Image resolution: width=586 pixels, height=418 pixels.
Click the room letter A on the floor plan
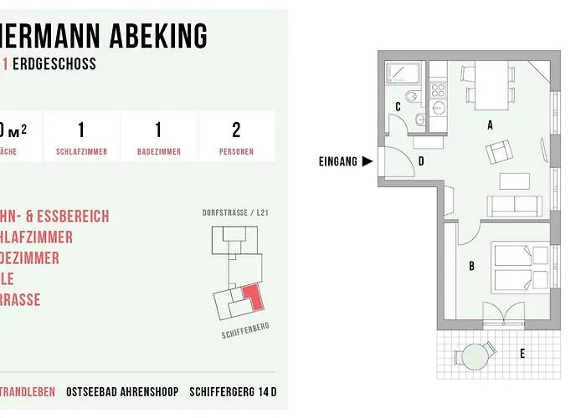pyautogui.click(x=490, y=125)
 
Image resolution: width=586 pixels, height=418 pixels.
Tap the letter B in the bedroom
pyautogui.click(x=472, y=267)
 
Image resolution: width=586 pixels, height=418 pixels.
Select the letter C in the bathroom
pyautogui.click(x=398, y=107)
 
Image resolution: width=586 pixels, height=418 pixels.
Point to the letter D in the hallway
pyautogui.click(x=420, y=161)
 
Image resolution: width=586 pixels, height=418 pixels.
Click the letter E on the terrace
pyautogui.click(x=522, y=354)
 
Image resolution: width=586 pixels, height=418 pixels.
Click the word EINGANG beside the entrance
pyautogui.click(x=338, y=161)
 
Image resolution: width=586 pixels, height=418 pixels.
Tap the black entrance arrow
pyautogui.click(x=367, y=161)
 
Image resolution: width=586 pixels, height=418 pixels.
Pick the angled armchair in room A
pyautogui.click(x=499, y=152)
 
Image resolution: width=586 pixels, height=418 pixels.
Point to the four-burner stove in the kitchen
pyautogui.click(x=438, y=87)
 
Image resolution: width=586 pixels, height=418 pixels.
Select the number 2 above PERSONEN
pyautogui.click(x=236, y=130)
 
